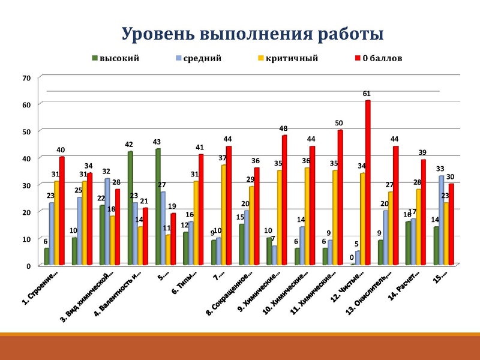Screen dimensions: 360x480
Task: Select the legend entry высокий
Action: (x=119, y=58)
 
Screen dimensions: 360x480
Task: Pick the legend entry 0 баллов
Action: (x=382, y=58)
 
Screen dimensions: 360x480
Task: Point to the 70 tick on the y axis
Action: (x=26, y=77)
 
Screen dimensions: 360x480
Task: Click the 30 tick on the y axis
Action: (x=26, y=185)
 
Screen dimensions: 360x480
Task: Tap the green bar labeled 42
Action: (x=130, y=208)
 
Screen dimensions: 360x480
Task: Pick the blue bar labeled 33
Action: (x=442, y=220)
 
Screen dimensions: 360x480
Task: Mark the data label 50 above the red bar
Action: (x=339, y=123)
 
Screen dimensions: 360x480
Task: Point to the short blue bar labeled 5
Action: (x=358, y=258)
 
